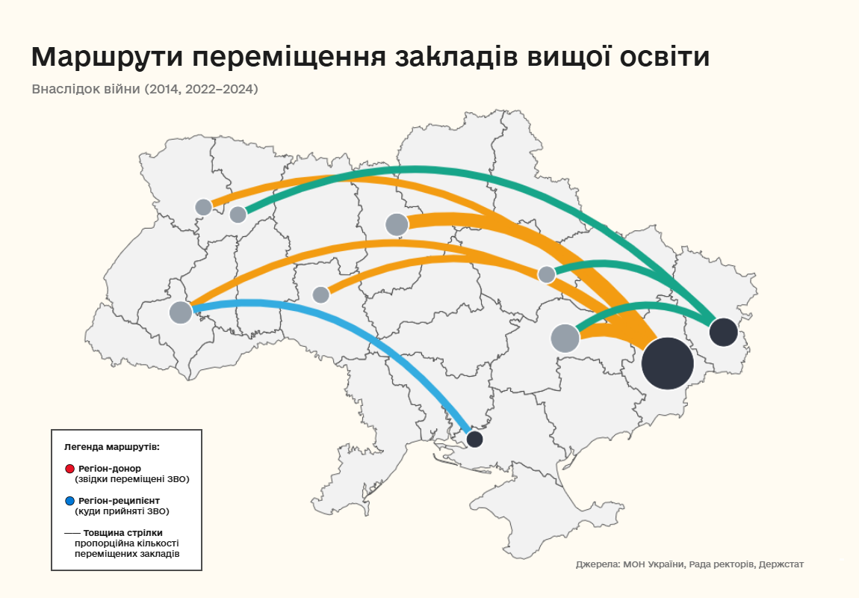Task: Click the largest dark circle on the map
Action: (x=668, y=363)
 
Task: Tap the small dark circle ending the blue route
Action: (x=474, y=439)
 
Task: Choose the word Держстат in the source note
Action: (x=781, y=564)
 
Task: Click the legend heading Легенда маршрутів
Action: (x=112, y=446)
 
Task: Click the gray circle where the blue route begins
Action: (x=181, y=312)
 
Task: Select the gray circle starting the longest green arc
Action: (x=238, y=215)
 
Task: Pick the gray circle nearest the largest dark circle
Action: (x=565, y=338)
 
